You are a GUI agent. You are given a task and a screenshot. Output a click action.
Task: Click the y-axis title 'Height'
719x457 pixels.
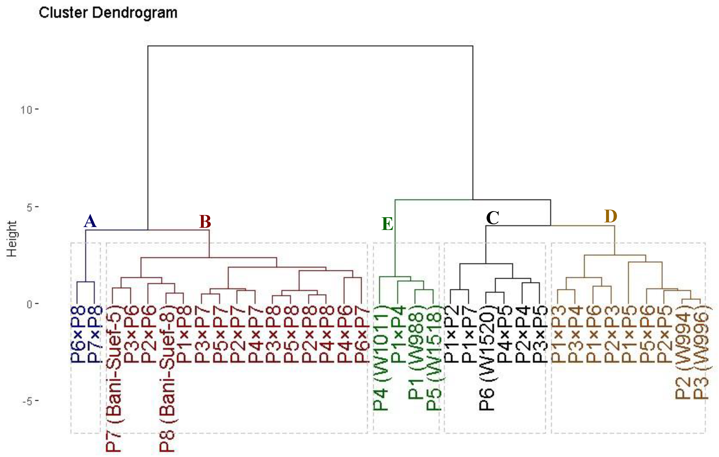12,239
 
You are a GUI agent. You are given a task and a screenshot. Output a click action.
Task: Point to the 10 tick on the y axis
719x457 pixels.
26,110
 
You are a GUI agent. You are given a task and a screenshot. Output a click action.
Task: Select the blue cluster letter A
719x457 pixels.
90,221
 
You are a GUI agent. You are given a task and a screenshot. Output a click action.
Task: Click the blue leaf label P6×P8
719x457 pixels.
78,334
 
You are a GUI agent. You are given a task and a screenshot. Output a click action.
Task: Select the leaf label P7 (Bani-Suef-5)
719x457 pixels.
114,378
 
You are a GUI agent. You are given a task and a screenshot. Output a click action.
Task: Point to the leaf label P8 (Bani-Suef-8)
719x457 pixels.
167,378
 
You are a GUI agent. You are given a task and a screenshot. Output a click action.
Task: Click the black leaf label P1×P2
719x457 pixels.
451,334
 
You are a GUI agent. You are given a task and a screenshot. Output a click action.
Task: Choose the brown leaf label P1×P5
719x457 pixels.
629,334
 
